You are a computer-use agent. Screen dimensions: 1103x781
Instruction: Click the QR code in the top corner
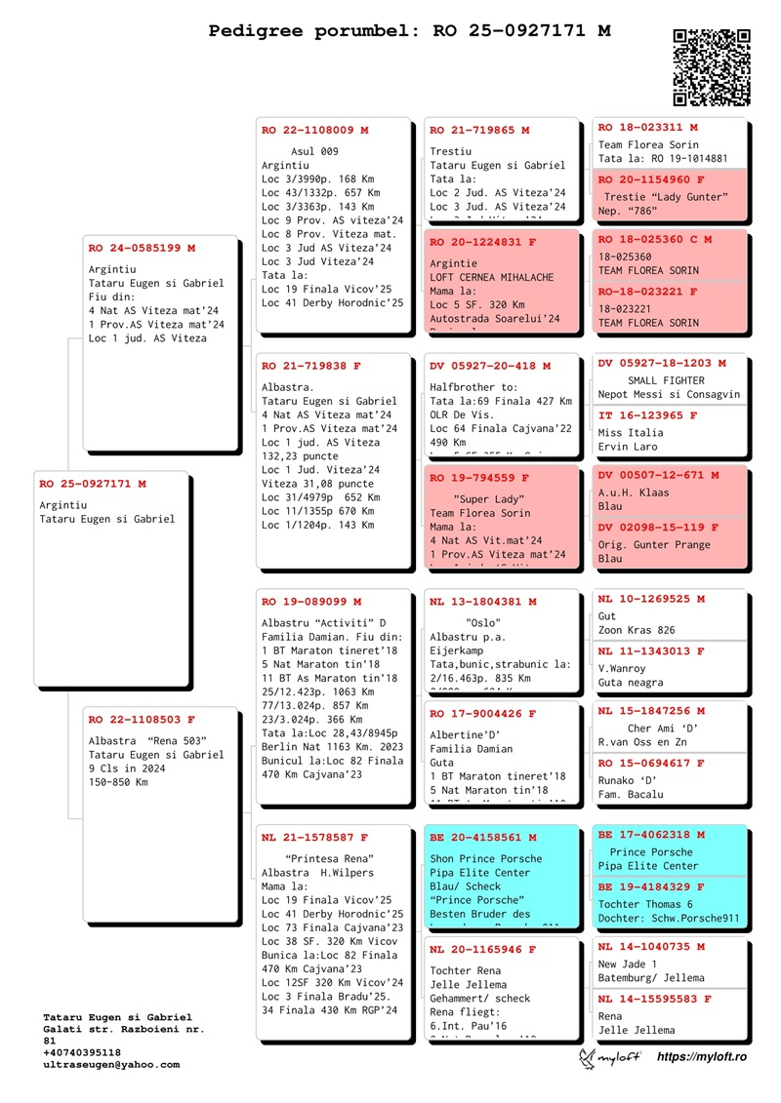712,66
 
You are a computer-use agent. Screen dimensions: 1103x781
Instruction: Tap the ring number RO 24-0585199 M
142,249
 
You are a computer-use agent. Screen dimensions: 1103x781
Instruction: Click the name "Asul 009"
314,151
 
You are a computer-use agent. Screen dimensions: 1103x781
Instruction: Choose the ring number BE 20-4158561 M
484,838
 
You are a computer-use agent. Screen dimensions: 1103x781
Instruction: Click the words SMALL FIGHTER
669,379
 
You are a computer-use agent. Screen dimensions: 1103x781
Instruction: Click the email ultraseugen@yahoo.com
112,1065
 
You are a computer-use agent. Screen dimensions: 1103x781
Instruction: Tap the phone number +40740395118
83,1052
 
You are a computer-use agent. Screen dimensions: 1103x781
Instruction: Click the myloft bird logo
588,1057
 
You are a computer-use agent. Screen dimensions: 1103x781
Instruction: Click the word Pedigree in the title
258,31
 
